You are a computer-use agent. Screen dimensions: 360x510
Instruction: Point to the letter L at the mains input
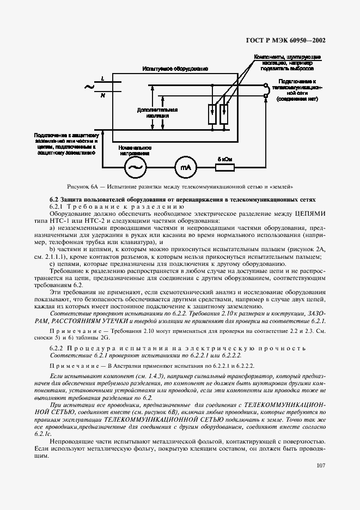103,80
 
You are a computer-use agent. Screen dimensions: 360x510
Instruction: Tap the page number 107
320,466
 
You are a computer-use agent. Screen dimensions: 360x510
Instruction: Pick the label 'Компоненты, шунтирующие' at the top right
287,57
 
